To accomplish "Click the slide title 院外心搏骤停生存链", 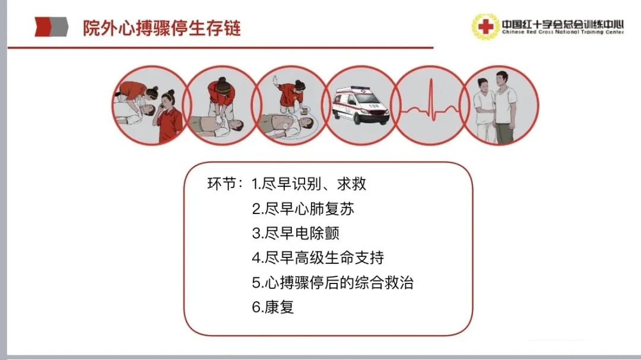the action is (x=161, y=28).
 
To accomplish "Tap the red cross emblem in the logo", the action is (x=485, y=27).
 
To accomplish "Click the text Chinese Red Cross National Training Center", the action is (x=563, y=32).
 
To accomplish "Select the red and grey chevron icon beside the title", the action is (x=51, y=27).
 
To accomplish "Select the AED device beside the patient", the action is (x=304, y=111).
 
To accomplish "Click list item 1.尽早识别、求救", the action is (x=309, y=184).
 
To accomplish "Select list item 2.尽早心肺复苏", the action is (x=303, y=209).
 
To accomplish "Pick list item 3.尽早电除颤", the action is (x=296, y=233).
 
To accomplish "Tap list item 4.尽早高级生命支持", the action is (x=318, y=258).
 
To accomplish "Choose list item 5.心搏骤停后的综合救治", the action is (x=333, y=282).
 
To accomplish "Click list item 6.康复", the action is (x=273, y=307).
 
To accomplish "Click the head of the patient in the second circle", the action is (x=237, y=125).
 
